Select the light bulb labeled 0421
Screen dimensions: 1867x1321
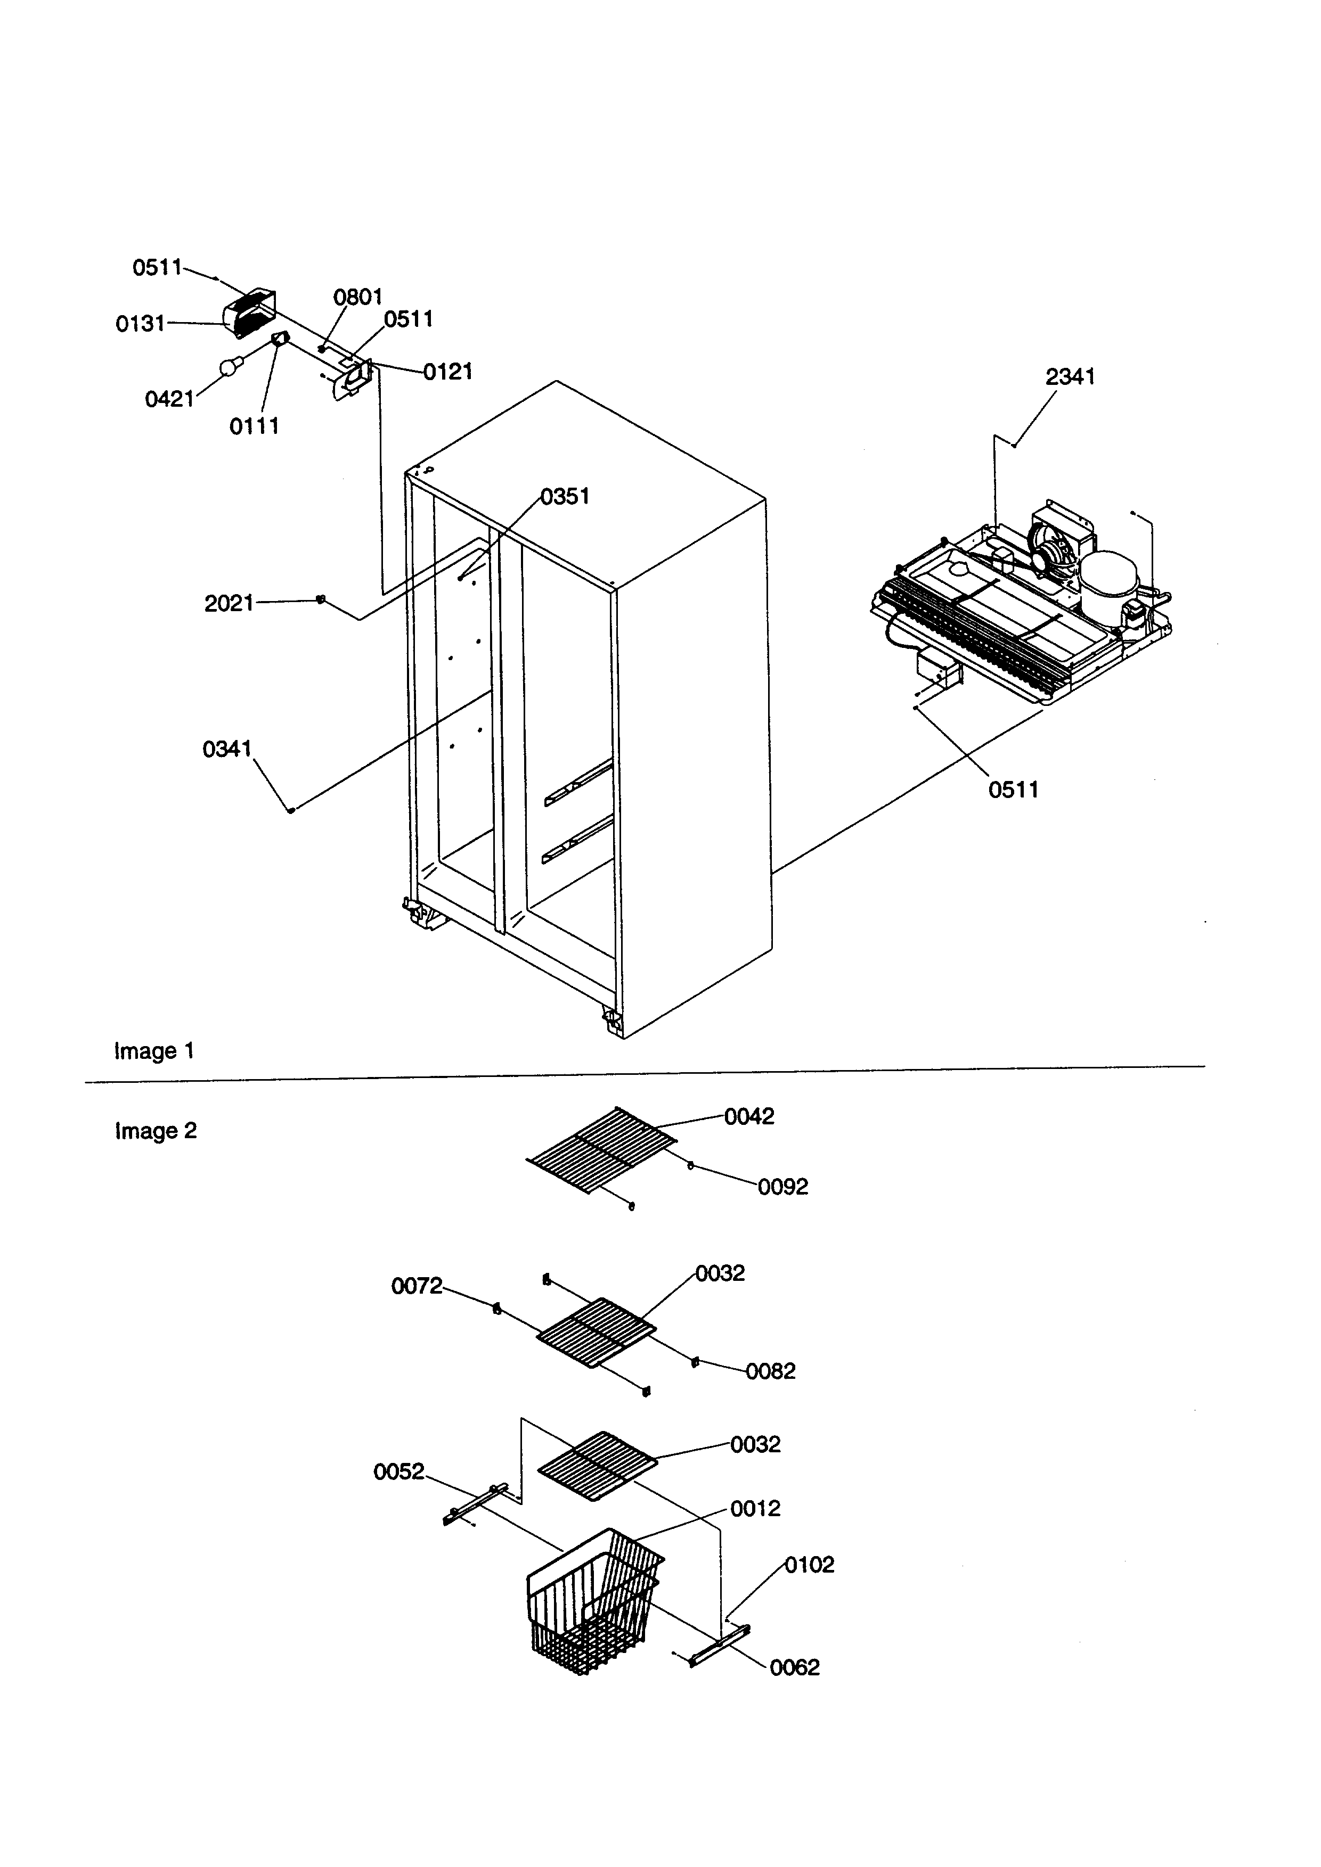[x=231, y=368]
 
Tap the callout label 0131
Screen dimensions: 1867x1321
[x=140, y=324]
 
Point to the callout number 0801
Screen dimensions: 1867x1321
[x=358, y=297]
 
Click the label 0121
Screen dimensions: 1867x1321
[x=447, y=373]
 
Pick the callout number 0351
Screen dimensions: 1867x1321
[x=565, y=497]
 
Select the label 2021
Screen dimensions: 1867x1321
[x=229, y=603]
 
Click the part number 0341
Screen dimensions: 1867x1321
[x=227, y=749]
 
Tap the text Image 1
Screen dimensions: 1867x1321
[x=154, y=1051]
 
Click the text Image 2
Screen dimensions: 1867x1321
[x=156, y=1131]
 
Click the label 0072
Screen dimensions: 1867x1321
[x=417, y=1286]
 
